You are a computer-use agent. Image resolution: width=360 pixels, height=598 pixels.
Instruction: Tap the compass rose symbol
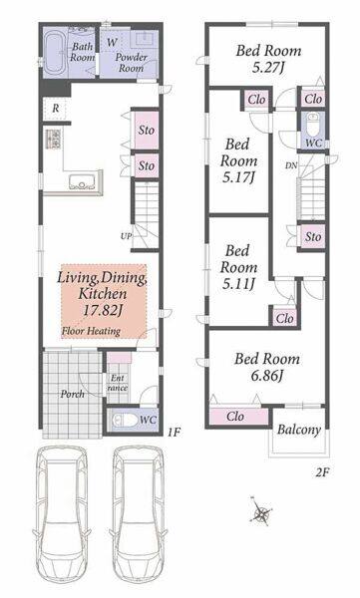tap(261, 512)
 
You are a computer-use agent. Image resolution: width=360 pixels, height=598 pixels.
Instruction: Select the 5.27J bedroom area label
tap(268, 68)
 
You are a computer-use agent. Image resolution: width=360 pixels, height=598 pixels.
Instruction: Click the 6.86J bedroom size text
tap(267, 376)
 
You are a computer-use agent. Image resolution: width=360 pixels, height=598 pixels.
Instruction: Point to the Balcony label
tap(298, 430)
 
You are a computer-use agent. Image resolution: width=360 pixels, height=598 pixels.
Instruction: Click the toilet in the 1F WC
tap(125, 421)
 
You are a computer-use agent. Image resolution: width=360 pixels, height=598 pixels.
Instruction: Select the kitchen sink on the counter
tap(82, 181)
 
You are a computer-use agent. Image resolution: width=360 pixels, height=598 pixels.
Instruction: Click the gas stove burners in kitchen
tap(53, 140)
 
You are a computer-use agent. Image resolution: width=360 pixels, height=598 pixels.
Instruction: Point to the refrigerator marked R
tap(56, 109)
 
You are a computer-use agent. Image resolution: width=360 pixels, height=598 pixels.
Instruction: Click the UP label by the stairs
tap(126, 236)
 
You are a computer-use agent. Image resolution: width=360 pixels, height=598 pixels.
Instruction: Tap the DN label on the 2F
tap(291, 165)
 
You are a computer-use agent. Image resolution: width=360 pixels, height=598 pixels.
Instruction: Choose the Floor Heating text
tap(91, 331)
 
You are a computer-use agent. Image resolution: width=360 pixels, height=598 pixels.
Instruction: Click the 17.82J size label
tap(103, 310)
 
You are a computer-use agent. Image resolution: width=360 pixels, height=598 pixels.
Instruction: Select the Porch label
tap(72, 394)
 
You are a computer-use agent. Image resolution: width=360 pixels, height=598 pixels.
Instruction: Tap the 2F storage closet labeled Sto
tap(313, 237)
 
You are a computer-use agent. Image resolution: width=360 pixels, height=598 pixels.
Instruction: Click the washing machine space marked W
tap(112, 42)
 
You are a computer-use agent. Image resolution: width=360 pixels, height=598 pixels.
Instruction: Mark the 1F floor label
tap(174, 432)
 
